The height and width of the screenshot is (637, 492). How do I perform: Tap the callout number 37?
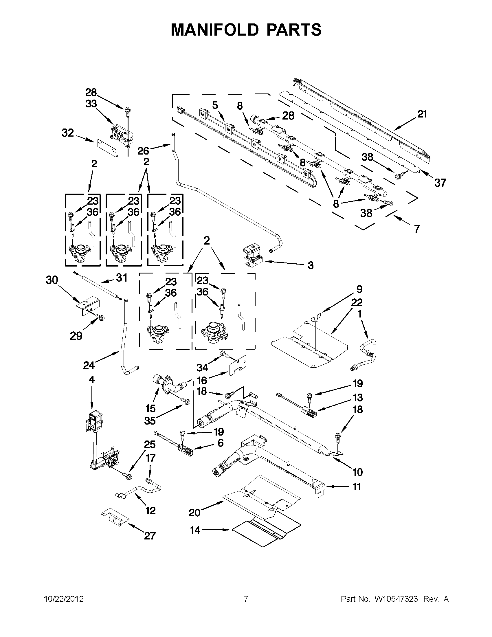[x=440, y=183]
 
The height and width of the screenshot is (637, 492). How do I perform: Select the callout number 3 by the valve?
[x=311, y=265]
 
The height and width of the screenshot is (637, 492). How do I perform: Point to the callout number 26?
[x=143, y=151]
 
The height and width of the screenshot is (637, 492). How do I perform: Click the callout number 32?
[x=68, y=133]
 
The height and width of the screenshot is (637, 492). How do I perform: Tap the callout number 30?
[x=52, y=280]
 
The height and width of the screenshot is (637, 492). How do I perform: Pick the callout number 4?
[x=91, y=379]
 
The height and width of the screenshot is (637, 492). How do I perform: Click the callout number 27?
[x=150, y=535]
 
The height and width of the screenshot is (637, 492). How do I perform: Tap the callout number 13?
[x=357, y=397]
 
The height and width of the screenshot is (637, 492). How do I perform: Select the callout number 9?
[x=359, y=289]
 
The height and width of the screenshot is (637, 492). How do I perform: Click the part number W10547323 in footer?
[x=396, y=599]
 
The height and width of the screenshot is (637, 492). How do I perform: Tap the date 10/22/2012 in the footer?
[x=64, y=599]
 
